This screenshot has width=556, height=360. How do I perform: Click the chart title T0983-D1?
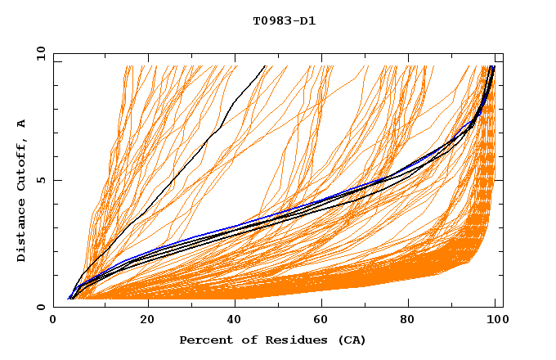[x=284, y=20]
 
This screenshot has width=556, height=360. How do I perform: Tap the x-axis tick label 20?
[x=147, y=320]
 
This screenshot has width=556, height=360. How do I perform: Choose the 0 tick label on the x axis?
[x=54, y=320]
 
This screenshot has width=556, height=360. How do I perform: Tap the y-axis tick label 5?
[x=42, y=181]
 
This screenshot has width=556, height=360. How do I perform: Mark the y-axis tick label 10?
[x=38, y=54]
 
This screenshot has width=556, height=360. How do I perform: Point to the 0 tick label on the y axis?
[x=42, y=308]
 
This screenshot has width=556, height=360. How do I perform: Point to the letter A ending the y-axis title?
[x=22, y=124]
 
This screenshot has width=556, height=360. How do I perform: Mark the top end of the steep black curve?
[x=265, y=65]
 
